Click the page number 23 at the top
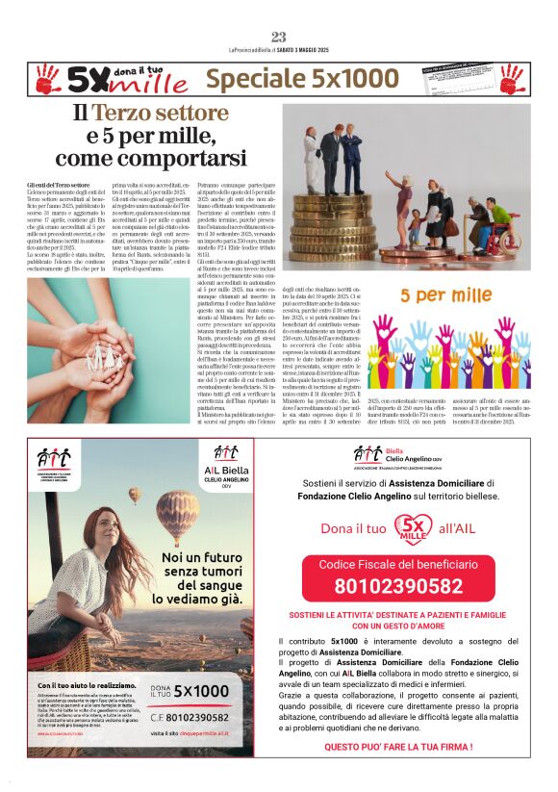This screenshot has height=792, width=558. [278, 37]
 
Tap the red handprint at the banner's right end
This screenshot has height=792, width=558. [510, 79]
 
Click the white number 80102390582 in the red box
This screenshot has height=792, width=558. [398, 585]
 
